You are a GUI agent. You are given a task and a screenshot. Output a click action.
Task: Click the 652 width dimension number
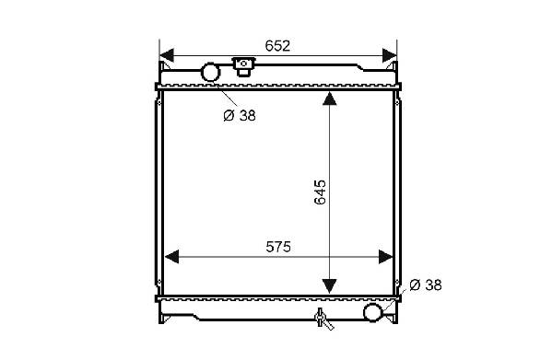click(277, 46)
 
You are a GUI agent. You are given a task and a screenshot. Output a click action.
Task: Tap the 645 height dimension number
click(321, 192)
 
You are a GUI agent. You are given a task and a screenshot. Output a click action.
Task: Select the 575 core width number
click(278, 247)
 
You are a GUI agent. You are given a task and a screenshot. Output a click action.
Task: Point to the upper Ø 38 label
click(240, 115)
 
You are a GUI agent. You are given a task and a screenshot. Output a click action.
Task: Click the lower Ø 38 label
click(426, 285)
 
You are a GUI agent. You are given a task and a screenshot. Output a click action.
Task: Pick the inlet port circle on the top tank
click(210, 72)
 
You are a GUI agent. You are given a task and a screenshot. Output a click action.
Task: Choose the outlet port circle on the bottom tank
click(372, 312)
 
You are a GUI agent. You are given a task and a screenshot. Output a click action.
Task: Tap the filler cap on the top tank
click(243, 66)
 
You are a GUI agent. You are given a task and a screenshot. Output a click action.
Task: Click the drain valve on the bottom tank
click(323, 319)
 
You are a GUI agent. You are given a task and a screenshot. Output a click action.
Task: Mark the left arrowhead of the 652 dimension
click(167, 56)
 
